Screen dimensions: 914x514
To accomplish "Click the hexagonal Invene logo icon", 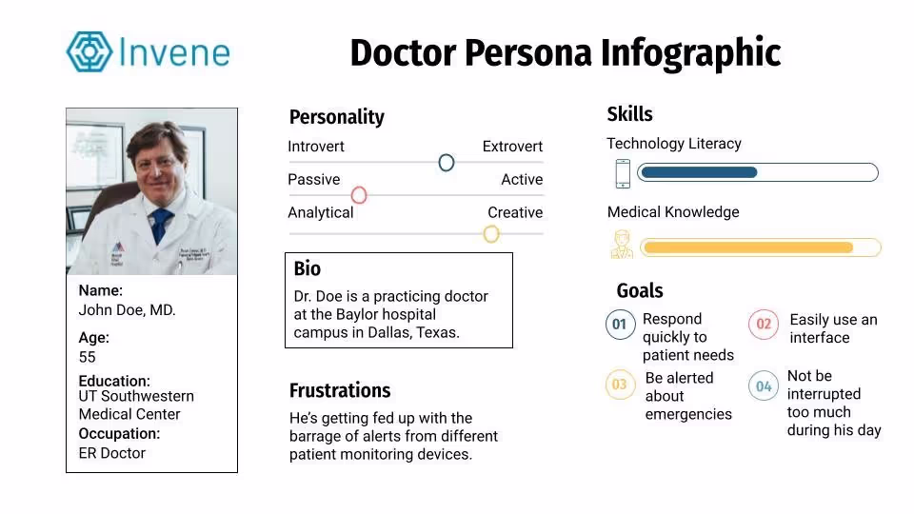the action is click(89, 51).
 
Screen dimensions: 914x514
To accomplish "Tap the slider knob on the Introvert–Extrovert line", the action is click(447, 163).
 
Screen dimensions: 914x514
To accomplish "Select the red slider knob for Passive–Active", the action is click(359, 195).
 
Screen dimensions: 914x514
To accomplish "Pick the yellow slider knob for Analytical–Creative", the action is click(491, 234).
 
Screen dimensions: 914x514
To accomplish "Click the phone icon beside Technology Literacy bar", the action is click(623, 173).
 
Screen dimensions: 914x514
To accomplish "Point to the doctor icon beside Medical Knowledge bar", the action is click(622, 244).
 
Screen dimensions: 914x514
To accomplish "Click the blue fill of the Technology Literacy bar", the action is click(699, 172).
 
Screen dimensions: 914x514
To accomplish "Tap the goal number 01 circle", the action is click(620, 324).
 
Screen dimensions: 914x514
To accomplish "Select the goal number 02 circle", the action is click(763, 324).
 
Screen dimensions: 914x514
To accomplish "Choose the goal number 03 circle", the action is click(620, 385).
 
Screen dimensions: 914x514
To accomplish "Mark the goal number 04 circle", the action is click(763, 385).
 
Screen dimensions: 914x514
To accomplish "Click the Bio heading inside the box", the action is click(308, 268).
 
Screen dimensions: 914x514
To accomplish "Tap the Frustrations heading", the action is click(340, 390).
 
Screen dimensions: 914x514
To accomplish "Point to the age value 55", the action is click(87, 357).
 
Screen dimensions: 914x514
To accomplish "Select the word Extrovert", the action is click(512, 147).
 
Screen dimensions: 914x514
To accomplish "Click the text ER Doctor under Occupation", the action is click(112, 453).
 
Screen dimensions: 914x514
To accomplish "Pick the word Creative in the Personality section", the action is click(515, 212).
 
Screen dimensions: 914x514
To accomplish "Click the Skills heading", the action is click(629, 114).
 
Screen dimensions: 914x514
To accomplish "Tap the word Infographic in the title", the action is click(691, 53).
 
